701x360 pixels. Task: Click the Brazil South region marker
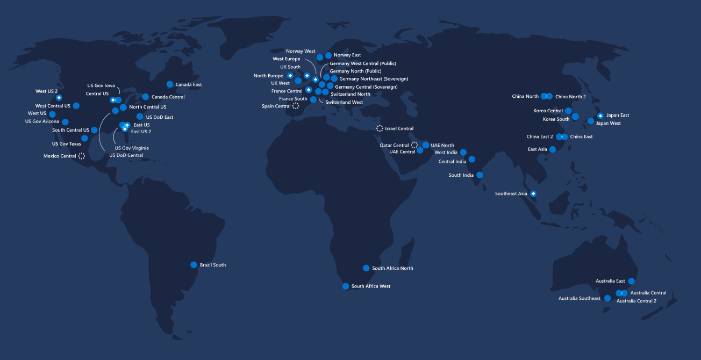click(x=194, y=265)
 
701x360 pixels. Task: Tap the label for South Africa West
click(x=370, y=286)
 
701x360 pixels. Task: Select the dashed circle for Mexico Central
click(x=82, y=156)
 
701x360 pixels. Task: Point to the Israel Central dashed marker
click(x=380, y=128)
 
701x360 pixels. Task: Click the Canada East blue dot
click(x=170, y=84)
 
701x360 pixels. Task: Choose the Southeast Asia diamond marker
click(x=533, y=193)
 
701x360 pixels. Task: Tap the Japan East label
click(x=617, y=115)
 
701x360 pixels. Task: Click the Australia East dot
click(x=631, y=281)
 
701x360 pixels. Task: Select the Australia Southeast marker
click(x=607, y=298)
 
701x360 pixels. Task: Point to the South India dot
click(x=480, y=175)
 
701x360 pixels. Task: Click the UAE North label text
click(x=442, y=145)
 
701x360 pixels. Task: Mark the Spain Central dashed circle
click(x=296, y=106)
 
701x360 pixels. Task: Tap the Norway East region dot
click(x=328, y=55)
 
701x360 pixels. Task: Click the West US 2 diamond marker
click(x=59, y=98)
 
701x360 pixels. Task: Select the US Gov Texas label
click(x=66, y=143)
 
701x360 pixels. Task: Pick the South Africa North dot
click(x=366, y=268)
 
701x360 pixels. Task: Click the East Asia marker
click(x=553, y=149)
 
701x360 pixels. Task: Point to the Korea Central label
click(x=548, y=111)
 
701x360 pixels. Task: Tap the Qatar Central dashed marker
click(x=414, y=145)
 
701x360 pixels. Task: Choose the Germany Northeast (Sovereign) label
click(x=374, y=78)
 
